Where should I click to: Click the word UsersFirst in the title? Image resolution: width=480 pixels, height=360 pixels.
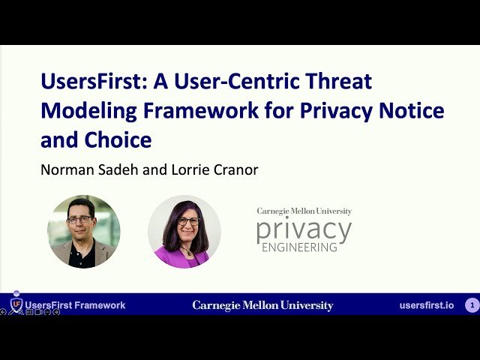88,82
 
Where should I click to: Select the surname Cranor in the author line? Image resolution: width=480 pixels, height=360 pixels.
232,169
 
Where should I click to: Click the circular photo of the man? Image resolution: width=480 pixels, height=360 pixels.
83,232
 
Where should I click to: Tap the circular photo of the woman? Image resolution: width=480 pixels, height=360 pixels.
184,232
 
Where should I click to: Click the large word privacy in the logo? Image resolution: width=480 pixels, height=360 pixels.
303,230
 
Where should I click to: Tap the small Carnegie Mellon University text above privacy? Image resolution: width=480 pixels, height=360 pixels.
304,211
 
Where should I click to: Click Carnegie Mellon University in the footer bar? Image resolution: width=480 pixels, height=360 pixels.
262,305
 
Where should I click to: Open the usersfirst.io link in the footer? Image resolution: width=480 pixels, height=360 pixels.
427,305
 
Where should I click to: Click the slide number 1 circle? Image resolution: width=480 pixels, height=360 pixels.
472,305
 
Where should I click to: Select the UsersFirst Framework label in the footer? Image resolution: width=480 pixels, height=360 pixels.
75,305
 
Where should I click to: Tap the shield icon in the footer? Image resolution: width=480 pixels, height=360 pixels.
16,304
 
